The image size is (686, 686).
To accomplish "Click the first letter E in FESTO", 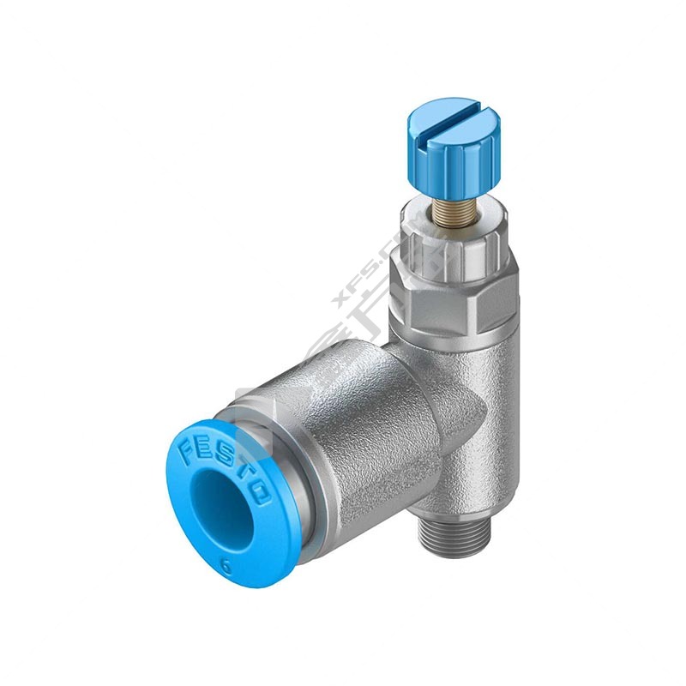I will click(x=204, y=448).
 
